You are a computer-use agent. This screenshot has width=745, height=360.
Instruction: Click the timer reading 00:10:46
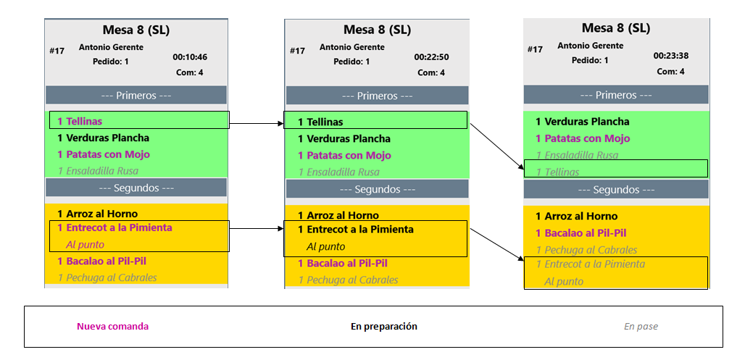click(190, 57)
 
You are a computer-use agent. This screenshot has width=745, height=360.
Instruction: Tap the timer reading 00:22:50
click(431, 57)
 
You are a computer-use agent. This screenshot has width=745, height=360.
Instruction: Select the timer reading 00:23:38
click(670, 56)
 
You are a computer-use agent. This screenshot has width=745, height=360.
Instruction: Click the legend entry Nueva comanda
click(112, 327)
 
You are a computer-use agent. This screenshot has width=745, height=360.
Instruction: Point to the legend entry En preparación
click(383, 327)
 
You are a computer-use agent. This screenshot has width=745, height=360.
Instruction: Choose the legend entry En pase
click(641, 327)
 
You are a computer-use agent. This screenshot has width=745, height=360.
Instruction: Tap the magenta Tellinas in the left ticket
click(80, 121)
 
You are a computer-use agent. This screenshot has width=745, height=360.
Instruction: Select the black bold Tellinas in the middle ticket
click(320, 122)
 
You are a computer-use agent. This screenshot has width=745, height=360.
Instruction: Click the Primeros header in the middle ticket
click(377, 96)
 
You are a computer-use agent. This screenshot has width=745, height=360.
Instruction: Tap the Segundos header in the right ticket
click(616, 190)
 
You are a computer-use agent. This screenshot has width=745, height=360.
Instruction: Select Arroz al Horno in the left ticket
click(97, 214)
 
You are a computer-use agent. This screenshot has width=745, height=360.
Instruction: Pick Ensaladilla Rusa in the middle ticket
click(338, 172)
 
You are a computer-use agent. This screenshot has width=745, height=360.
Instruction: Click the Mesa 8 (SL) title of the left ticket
click(136, 30)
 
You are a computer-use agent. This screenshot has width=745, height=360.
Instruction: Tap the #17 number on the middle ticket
click(297, 51)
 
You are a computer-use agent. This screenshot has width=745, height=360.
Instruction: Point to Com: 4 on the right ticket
click(670, 72)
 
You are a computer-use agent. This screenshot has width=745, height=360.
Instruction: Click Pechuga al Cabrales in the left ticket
click(107, 277)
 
